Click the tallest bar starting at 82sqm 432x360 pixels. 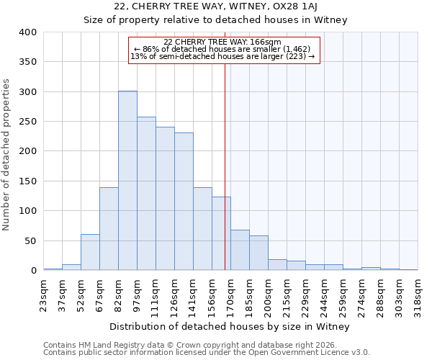coord(127,181)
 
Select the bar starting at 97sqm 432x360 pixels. coord(146,194)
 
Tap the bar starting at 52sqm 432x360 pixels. coord(90,252)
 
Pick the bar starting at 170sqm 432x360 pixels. coord(240,250)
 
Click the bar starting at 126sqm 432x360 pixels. coord(184,202)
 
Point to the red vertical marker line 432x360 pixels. coord(225,166)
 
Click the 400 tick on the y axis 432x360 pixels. coord(28,32)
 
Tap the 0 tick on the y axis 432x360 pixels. coord(33,271)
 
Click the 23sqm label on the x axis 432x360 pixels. coord(44,294)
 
